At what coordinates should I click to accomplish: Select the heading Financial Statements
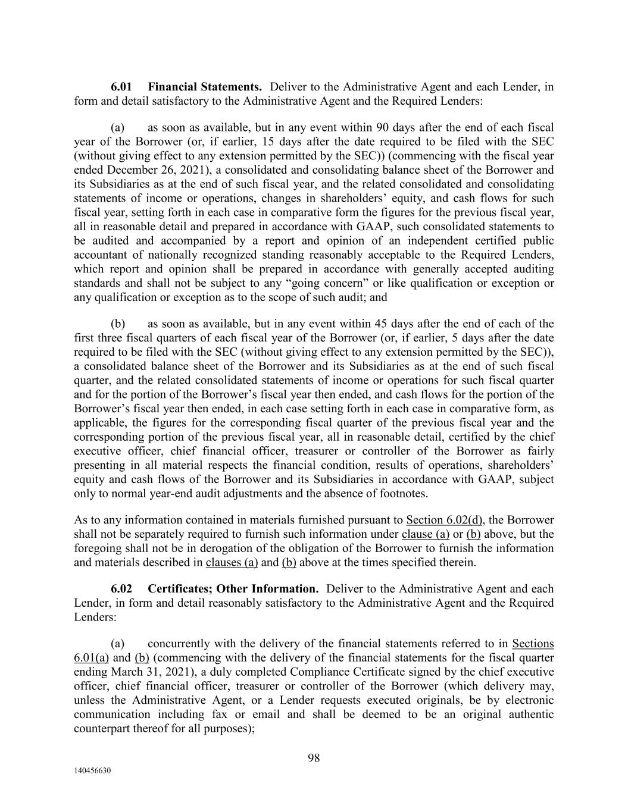[x=205, y=87]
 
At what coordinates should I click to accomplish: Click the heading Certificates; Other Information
[x=233, y=589]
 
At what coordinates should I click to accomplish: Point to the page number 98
[x=314, y=758]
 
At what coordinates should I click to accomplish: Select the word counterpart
[x=99, y=729]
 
